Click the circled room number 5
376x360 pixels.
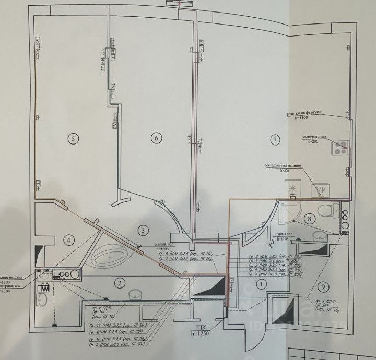[73, 138]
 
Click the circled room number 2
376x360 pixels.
[120, 283]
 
